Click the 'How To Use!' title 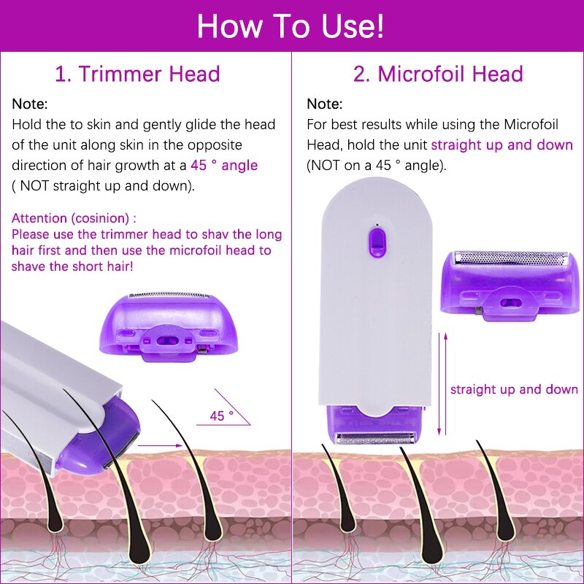coord(291,26)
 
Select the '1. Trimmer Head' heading coord(137,74)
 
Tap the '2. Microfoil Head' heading coord(438,74)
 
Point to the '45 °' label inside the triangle coord(221,415)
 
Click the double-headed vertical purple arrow coord(440,384)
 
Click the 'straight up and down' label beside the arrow coord(514,389)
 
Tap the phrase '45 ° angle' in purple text coord(224,165)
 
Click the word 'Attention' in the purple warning coord(41,218)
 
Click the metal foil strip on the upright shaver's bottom coord(376,438)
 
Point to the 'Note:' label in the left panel coord(30,104)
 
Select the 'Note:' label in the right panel coord(324,104)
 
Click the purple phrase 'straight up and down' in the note coord(502,145)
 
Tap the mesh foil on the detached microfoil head coord(511,258)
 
